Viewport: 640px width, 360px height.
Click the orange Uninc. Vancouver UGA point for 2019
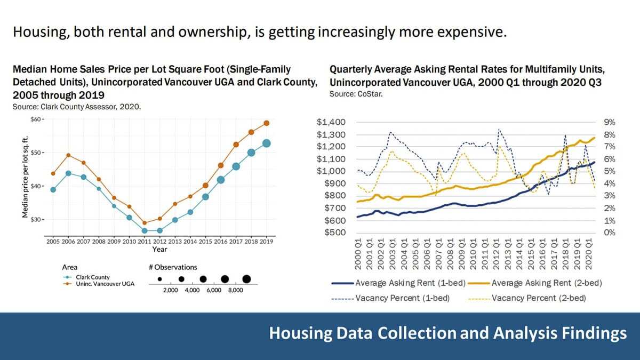[x=267, y=123]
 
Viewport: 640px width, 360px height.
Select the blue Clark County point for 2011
[x=145, y=230]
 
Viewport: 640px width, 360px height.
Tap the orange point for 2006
[x=68, y=155]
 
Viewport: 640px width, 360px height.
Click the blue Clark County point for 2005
[x=53, y=189]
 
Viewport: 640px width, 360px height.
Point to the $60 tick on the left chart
[x=36, y=119]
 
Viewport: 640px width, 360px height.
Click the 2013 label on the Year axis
[x=174, y=242]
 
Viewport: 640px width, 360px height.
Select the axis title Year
[x=159, y=249]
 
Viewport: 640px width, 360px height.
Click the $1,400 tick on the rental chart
[x=331, y=122]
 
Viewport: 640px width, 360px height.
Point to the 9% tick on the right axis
[x=609, y=122]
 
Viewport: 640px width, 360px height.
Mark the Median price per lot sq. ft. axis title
[x=25, y=175]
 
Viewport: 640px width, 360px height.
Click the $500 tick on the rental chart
[x=334, y=233]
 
